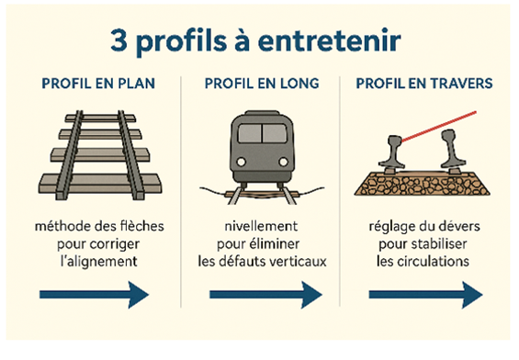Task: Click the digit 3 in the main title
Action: (118, 40)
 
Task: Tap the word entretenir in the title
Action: (329, 40)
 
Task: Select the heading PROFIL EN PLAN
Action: (98, 84)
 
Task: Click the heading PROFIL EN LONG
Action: (262, 84)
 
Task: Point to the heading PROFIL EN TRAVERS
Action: (424, 84)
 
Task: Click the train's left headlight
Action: (242, 162)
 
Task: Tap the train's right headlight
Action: (283, 162)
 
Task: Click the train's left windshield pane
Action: (250, 133)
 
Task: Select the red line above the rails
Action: (439, 127)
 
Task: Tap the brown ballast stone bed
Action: (422, 184)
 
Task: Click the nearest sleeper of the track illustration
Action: (100, 183)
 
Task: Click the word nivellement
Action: (261, 226)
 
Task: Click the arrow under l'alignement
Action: (95, 295)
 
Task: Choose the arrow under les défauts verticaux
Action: (265, 295)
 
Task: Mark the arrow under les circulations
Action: (425, 295)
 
